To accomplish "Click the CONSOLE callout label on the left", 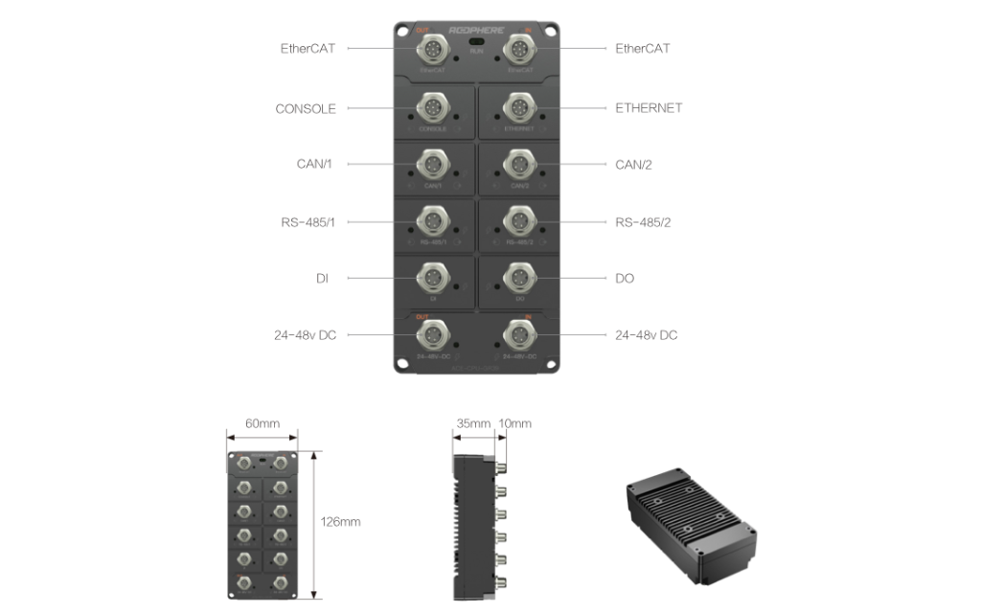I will (x=306, y=109).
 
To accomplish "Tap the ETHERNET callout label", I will (x=649, y=108).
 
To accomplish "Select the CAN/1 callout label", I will (x=314, y=165).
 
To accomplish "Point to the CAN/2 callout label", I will (x=633, y=165).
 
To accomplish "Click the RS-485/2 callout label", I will (x=643, y=222).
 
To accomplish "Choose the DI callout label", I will (x=322, y=279).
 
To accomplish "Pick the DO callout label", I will (x=625, y=279).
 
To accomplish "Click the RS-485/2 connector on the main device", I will (x=519, y=220).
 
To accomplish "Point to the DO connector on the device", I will (x=519, y=278).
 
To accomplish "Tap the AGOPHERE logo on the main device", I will (x=474, y=30).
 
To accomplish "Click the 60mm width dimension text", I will (x=261, y=423).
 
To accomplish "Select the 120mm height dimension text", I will (x=340, y=522).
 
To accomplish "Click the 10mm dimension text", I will (x=515, y=423).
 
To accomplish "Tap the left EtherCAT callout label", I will (x=308, y=48).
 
